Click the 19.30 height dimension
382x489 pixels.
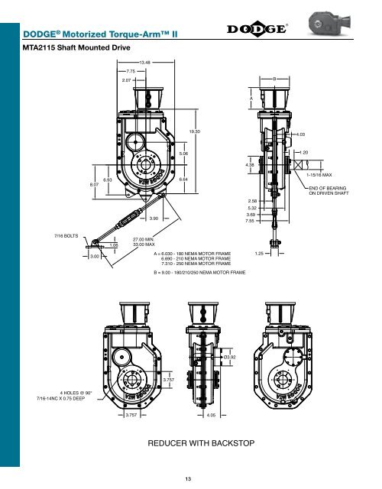[194, 132]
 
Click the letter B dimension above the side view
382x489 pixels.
[274, 79]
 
